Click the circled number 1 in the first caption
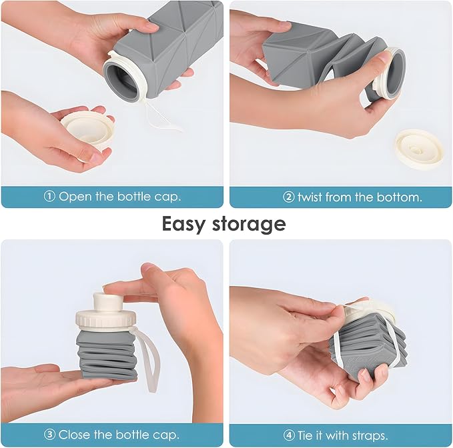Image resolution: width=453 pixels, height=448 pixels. (49, 197)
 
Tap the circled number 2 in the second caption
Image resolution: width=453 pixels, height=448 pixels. (288, 197)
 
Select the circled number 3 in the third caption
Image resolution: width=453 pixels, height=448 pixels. (49, 435)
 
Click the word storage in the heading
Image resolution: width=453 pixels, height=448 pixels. (254, 224)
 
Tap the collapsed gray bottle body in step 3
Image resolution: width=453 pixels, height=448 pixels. (107, 353)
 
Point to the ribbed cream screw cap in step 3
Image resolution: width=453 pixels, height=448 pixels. (107, 317)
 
